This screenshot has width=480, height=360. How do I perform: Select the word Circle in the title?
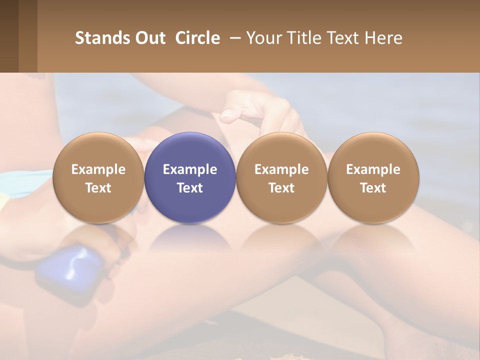coord(197,38)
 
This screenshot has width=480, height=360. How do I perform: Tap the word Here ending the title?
coord(384,38)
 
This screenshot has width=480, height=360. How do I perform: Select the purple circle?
coord(190,177)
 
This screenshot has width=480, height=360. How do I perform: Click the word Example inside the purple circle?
coord(190,169)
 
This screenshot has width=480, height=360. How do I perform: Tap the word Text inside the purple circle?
coord(190,188)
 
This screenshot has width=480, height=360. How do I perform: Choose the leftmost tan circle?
coord(98,177)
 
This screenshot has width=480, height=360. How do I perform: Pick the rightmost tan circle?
coord(373,177)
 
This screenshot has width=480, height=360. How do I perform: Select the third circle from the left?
coord(281,177)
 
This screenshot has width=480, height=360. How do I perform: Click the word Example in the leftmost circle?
coord(98,169)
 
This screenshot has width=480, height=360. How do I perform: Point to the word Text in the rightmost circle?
coord(373,188)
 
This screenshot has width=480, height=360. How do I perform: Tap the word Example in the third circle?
coord(281,169)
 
